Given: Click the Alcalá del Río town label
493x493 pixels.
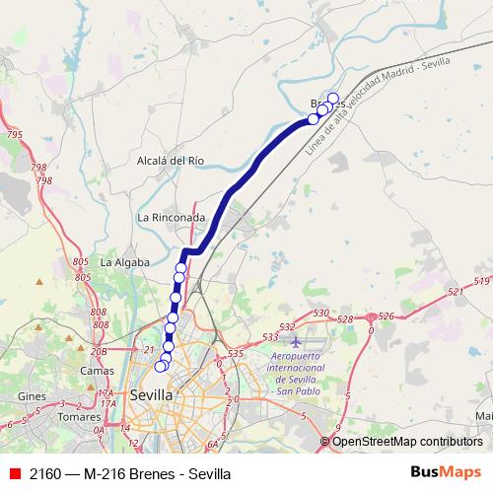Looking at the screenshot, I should [x=170, y=160].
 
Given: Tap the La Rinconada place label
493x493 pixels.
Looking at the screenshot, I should [x=172, y=217].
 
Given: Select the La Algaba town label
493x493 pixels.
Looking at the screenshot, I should [x=125, y=262].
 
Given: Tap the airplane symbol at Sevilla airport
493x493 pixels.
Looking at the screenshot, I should [x=272, y=341].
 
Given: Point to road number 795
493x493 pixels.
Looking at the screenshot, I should [x=14, y=134].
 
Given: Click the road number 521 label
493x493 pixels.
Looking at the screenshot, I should [x=455, y=292].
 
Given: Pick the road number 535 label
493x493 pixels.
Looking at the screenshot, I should [x=235, y=352].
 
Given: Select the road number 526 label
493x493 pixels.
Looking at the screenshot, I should [x=386, y=316].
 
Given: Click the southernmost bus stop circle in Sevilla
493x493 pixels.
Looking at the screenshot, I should [x=161, y=367].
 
